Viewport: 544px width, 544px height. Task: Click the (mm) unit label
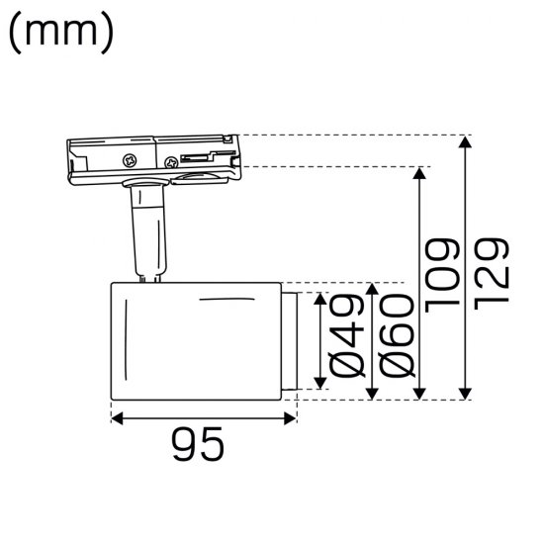(x=60, y=35)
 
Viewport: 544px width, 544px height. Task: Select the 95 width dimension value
(x=197, y=447)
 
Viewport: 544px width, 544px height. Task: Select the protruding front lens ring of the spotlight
(x=289, y=340)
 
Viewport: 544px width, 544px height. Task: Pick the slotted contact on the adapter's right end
(x=202, y=155)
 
